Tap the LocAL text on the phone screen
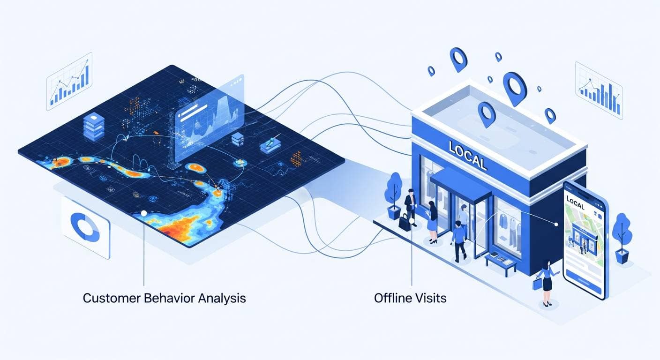pos(577,200)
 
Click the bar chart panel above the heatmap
pos(69,82)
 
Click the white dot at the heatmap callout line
pos(144,214)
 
